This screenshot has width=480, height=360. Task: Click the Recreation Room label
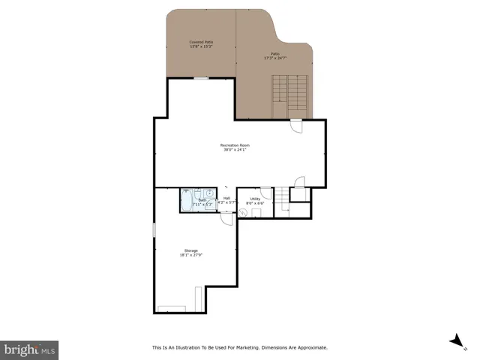pos(235,145)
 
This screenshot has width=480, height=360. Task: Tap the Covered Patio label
pos(201,42)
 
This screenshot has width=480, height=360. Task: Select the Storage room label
pos(191,250)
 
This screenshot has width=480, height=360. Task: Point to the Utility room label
pos(256,199)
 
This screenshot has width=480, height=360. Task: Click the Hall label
pos(226,198)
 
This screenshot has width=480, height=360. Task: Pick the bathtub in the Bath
pos(187,202)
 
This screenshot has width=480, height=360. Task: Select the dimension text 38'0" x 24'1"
pos(235,150)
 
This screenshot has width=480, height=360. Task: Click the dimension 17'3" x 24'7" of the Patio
pos(275,58)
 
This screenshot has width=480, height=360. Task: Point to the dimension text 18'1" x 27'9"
pos(191,255)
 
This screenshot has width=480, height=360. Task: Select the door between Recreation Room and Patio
pos(296,123)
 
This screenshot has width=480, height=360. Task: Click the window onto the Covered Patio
pos(200,78)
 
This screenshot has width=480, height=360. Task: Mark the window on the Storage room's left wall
pos(154,229)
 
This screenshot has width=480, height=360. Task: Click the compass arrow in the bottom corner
pos(454,341)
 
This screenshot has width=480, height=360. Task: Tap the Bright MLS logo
pos(29,349)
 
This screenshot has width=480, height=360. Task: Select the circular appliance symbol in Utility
pos(242,212)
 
